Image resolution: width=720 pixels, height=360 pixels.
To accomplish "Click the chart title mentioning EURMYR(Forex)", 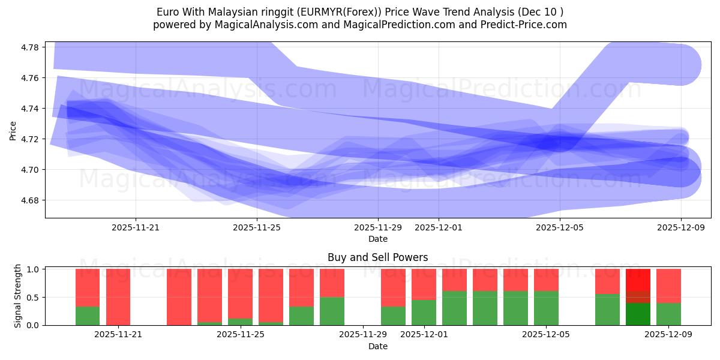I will (360, 11).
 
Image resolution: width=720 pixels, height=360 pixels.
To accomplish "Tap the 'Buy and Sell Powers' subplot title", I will (377, 257).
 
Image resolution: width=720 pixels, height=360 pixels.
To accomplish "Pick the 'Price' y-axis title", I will (13, 130).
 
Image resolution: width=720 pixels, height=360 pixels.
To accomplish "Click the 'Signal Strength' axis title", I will (18, 296).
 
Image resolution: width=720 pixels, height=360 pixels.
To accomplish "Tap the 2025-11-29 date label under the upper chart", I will (378, 227).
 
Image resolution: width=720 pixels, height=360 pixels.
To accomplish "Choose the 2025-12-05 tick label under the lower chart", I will (546, 334).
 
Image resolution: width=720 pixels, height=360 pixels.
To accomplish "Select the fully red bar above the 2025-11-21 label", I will (118, 297).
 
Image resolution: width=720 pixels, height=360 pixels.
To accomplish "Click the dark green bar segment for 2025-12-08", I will (638, 314).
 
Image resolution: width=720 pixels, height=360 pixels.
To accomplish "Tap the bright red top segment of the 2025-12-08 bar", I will (638, 280).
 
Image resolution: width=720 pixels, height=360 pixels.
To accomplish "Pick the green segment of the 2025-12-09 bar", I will (668, 314).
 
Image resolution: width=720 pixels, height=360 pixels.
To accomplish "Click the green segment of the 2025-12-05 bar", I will (546, 308).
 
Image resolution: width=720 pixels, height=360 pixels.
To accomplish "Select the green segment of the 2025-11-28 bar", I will (332, 311).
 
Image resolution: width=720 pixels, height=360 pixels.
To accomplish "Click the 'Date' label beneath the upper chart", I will (377, 239).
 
